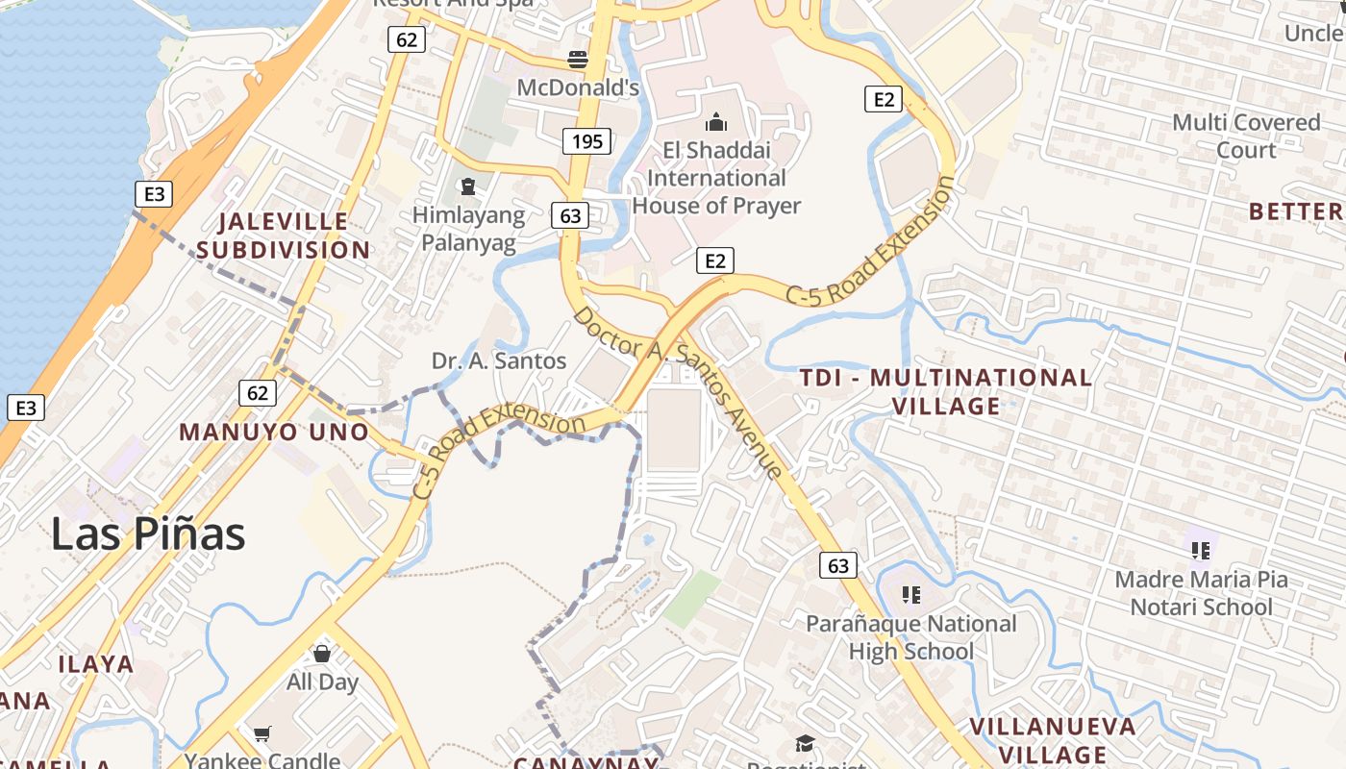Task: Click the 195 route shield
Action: (587, 141)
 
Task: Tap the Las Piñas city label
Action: (148, 533)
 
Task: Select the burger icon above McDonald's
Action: (578, 60)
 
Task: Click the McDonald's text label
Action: (578, 88)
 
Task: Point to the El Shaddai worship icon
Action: (715, 122)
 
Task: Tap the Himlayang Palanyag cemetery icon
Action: (468, 186)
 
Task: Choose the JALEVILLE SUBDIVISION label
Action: (284, 236)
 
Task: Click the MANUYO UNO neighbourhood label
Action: (274, 432)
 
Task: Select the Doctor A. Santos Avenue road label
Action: (678, 391)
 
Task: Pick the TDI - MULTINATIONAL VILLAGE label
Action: (946, 391)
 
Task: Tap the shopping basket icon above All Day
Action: (322, 654)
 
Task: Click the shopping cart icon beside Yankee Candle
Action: (262, 734)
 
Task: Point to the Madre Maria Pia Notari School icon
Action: (1200, 551)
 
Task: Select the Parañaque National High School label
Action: (910, 637)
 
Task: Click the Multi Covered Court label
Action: (1246, 136)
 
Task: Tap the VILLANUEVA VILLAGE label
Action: (1052, 740)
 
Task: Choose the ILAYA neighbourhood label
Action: (95, 663)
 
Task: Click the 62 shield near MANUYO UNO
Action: (258, 392)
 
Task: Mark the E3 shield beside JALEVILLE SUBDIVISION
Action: (154, 195)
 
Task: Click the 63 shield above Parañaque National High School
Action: (838, 564)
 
